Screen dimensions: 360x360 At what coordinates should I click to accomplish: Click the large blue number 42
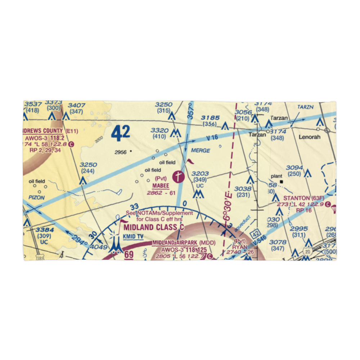pyautogui.click(x=120, y=134)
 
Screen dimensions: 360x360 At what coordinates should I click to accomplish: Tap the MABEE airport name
pyautogui.click(x=160, y=186)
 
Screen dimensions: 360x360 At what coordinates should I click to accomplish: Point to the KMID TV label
pyautogui.click(x=134, y=237)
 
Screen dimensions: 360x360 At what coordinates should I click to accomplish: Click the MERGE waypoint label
pyautogui.click(x=201, y=150)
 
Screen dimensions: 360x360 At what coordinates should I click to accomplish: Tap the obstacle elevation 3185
pyautogui.click(x=210, y=118)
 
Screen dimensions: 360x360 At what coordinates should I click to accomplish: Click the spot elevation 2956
pyautogui.click(x=121, y=152)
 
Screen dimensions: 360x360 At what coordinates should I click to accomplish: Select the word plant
pyautogui.click(x=276, y=176)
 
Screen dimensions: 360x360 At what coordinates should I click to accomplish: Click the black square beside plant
pyautogui.click(x=282, y=181)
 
